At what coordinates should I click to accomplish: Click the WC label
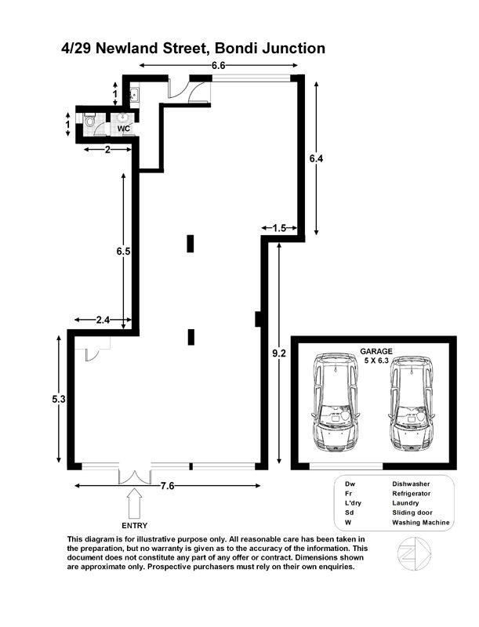(x=124, y=129)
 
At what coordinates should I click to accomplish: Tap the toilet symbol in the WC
(x=89, y=120)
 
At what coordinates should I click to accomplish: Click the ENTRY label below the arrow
(x=135, y=525)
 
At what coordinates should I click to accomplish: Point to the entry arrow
(x=135, y=504)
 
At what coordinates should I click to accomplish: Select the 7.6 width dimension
(x=167, y=486)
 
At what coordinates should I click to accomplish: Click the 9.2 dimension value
(x=279, y=353)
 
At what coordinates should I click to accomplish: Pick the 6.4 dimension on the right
(x=316, y=159)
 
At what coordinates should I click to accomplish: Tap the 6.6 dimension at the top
(x=218, y=66)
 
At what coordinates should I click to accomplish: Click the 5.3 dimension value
(x=58, y=399)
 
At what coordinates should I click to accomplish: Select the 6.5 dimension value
(x=123, y=252)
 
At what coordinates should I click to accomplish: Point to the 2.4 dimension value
(x=103, y=320)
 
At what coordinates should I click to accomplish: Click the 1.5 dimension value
(x=279, y=228)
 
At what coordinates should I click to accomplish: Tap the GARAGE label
(x=376, y=351)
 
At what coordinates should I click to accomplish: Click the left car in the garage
(x=334, y=402)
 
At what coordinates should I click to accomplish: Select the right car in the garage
(x=412, y=403)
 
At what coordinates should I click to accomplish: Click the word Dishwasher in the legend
(x=411, y=484)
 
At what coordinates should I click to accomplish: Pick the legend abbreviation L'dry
(x=353, y=503)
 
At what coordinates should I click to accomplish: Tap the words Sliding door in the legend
(x=412, y=513)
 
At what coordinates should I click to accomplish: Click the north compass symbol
(x=415, y=554)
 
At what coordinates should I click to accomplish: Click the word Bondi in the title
(x=236, y=49)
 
